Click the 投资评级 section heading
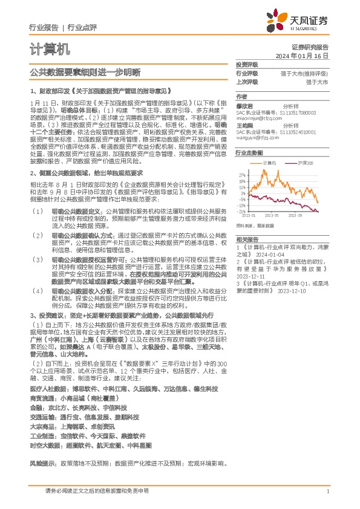tap(246, 64)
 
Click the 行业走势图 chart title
tap(249, 154)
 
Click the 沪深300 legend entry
tap(304, 163)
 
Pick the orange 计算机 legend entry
tap(269, 163)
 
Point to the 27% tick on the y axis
tap(241, 173)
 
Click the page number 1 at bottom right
tap(327, 491)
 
